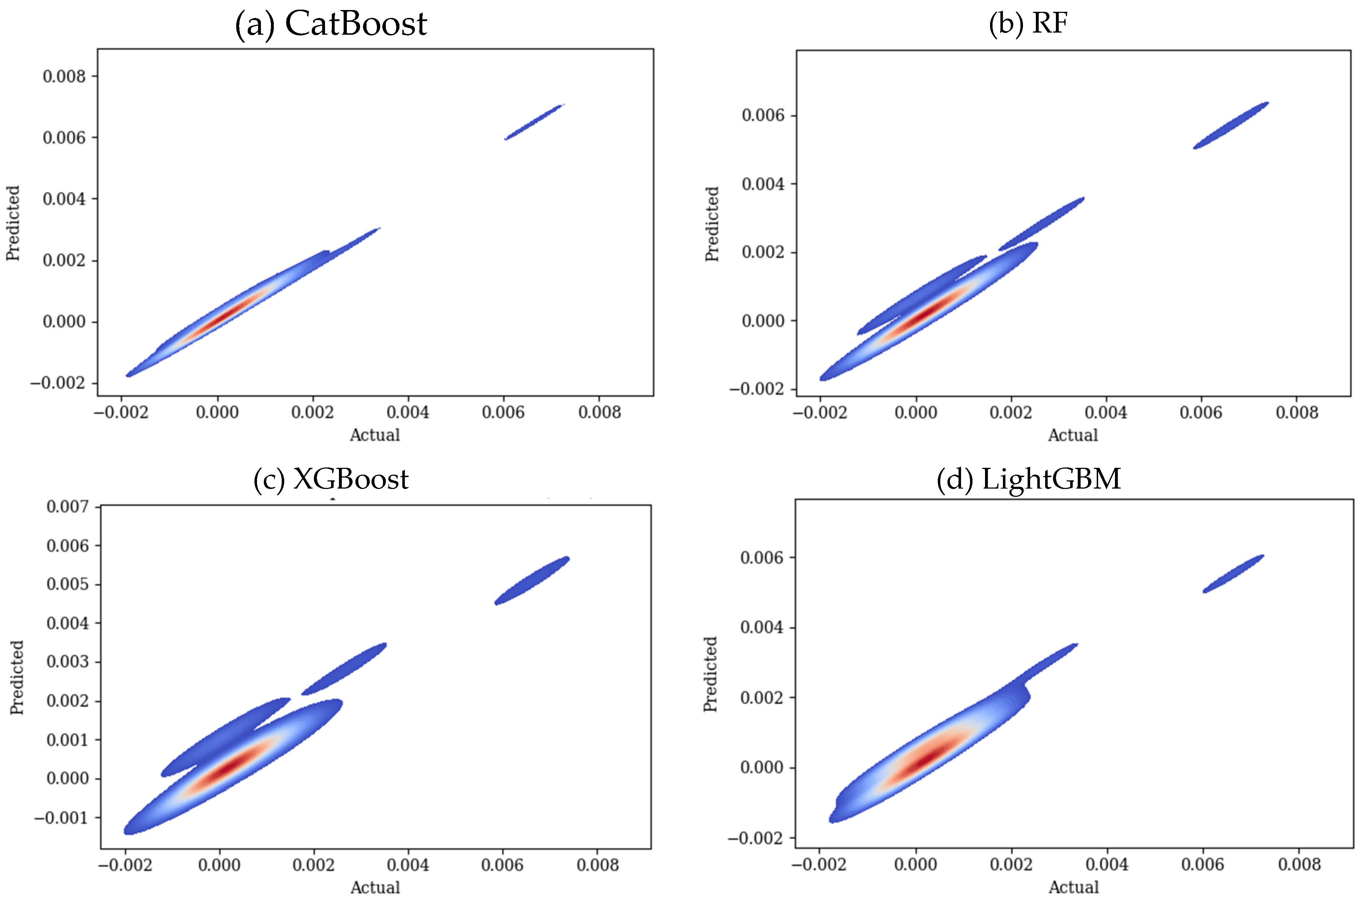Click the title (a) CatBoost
tap(331, 24)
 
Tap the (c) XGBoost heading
tap(331, 479)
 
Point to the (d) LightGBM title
tap(1028, 479)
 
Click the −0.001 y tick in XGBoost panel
tap(61, 818)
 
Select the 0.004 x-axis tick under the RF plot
tap(1105, 412)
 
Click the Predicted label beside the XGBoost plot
tap(17, 678)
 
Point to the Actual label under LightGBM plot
tap(1073, 887)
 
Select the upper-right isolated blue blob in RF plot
tap(1231, 125)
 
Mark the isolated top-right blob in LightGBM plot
tap(1233, 573)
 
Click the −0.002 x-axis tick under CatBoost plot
tap(121, 412)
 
